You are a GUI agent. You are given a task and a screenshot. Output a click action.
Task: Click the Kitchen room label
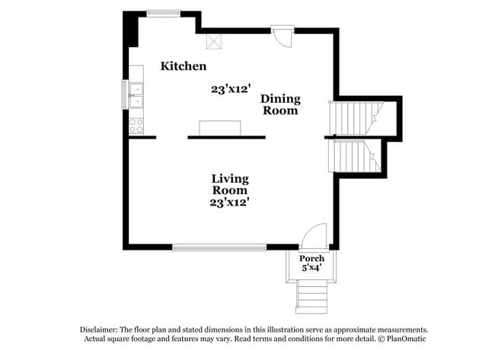tap(184, 66)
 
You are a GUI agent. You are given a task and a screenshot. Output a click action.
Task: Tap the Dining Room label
tap(280, 104)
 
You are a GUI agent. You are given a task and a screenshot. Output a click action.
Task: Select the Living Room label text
tap(230, 184)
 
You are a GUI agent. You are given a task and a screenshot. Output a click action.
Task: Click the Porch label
tap(311, 259)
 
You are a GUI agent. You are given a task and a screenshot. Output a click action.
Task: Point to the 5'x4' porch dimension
tap(311, 268)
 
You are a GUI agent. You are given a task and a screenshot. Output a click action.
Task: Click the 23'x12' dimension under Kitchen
tap(231, 89)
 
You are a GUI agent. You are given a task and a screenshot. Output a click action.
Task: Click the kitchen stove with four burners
tap(136, 126)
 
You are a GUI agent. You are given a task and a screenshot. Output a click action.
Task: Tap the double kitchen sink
tap(136, 95)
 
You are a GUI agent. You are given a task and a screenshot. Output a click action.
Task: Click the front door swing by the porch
tap(314, 236)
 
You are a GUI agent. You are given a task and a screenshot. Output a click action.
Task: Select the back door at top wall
tap(283, 37)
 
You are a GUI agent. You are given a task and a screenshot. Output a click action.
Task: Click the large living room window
tap(220, 247)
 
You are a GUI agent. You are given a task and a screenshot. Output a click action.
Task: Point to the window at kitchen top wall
tap(163, 14)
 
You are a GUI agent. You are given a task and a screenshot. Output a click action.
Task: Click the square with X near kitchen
tap(214, 42)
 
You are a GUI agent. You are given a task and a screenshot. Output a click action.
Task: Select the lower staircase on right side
tap(354, 156)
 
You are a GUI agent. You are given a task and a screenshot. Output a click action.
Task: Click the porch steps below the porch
tap(311, 298)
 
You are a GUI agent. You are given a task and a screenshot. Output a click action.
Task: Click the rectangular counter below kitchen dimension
tap(220, 128)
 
